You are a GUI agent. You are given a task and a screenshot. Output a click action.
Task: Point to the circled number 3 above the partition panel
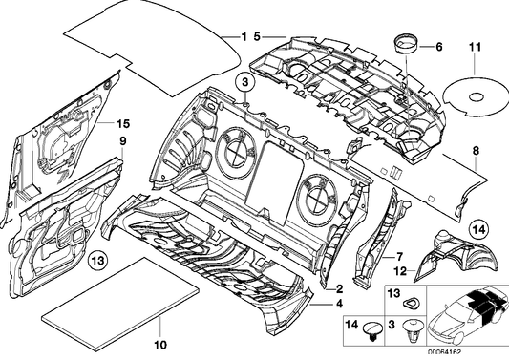pos(244,84)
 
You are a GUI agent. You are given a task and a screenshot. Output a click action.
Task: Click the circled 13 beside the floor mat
pos(97,260)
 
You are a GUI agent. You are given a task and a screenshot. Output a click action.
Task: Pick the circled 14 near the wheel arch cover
pos(478,228)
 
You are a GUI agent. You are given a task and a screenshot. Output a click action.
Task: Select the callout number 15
pos(121,124)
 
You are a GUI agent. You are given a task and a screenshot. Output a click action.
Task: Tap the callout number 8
pos(475,150)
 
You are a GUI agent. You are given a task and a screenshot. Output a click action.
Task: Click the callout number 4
pos(337,305)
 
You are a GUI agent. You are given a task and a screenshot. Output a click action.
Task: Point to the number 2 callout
pos(337,287)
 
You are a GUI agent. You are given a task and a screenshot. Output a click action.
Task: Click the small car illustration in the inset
pos(469,316)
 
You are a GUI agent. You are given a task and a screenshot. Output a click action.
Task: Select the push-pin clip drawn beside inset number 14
pos(371,333)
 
